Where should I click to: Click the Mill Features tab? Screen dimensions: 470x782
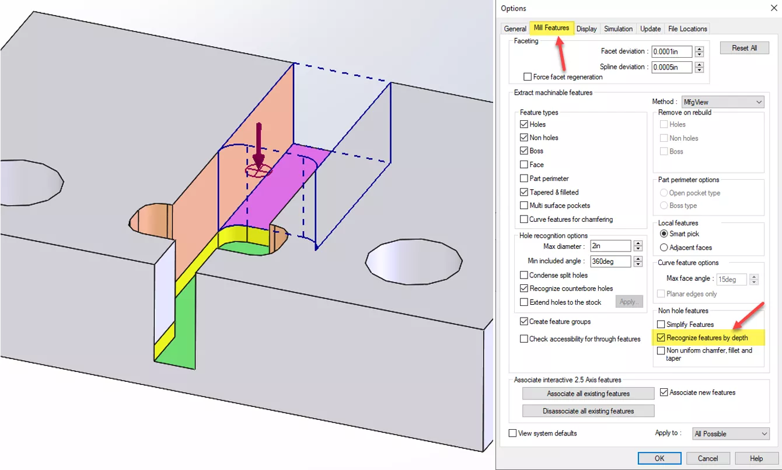[x=551, y=28]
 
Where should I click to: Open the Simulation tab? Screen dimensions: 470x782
[x=618, y=29]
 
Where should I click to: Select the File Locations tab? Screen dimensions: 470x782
[x=687, y=29]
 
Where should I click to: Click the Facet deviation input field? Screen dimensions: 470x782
[x=672, y=51]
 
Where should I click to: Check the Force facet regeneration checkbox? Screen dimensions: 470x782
[x=528, y=77]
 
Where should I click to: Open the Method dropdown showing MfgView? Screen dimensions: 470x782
[x=722, y=102]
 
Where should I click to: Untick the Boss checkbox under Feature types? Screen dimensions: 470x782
[x=524, y=151]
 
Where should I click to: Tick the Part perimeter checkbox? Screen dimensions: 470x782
[x=524, y=179]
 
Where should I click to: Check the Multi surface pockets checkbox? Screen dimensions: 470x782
[x=524, y=206]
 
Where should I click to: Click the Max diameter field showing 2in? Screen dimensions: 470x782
[x=610, y=246]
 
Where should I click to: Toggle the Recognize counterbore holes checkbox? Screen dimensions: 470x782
[x=524, y=288]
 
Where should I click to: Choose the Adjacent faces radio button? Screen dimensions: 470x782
[x=664, y=248]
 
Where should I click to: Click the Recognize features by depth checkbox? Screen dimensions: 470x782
[x=661, y=337]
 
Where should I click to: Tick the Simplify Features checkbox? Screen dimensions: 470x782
[x=661, y=325]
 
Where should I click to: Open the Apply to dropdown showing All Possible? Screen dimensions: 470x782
[x=731, y=434]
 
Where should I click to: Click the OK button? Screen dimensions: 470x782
[x=659, y=458]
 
